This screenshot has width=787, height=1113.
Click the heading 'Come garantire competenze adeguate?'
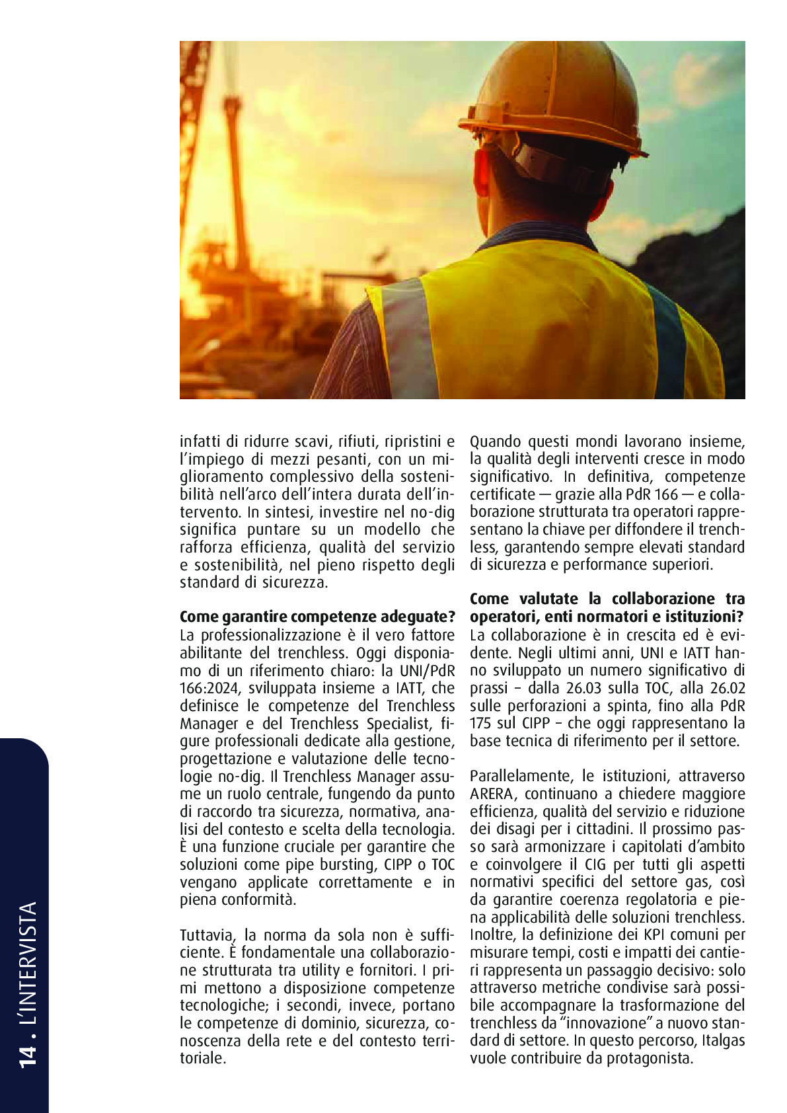coord(317,617)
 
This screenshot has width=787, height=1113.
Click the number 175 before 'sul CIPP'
coord(481,723)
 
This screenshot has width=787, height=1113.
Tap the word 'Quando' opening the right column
coord(495,441)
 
